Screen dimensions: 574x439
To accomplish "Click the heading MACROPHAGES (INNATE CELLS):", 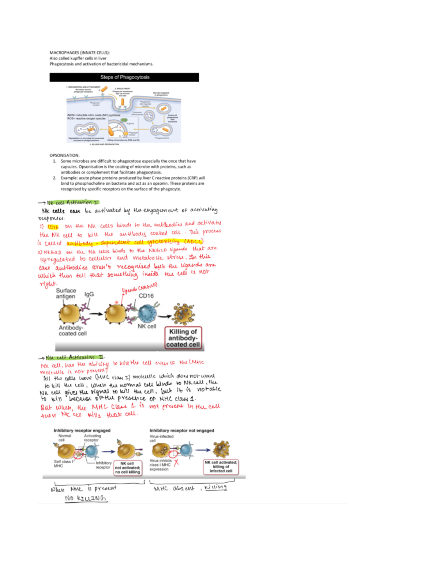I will pyautogui.click(x=79, y=53).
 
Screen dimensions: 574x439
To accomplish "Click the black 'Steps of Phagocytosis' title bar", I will pyautogui.click(x=124, y=77).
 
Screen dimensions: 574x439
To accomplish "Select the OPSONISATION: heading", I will pyautogui.click(x=64, y=155).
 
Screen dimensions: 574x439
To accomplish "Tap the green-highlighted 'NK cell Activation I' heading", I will pyautogui.click(x=72, y=202).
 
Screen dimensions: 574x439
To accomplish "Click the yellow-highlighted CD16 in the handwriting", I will pyautogui.click(x=53, y=227).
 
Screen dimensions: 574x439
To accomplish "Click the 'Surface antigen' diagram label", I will pyautogui.click(x=66, y=293).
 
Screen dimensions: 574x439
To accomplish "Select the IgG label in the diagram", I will pyautogui.click(x=89, y=294).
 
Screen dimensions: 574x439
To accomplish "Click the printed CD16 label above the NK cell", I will pyautogui.click(x=146, y=296).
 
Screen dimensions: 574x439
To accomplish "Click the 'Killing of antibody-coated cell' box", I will pyautogui.click(x=183, y=337).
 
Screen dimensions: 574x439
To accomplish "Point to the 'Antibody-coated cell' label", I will pyautogui.click(x=72, y=331).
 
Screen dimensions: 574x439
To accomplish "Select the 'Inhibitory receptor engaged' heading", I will pyautogui.click(x=82, y=430).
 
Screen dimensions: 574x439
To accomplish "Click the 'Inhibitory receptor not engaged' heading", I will pyautogui.click(x=182, y=430).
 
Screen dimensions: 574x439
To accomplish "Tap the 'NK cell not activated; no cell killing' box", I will pyautogui.click(x=127, y=468).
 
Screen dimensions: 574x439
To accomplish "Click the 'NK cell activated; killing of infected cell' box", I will pyautogui.click(x=221, y=467).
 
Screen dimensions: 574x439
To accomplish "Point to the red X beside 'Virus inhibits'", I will pyautogui.click(x=176, y=462).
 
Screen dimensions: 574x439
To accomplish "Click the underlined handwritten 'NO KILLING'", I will pyautogui.click(x=86, y=498).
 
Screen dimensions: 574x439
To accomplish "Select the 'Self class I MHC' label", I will pyautogui.click(x=63, y=464).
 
